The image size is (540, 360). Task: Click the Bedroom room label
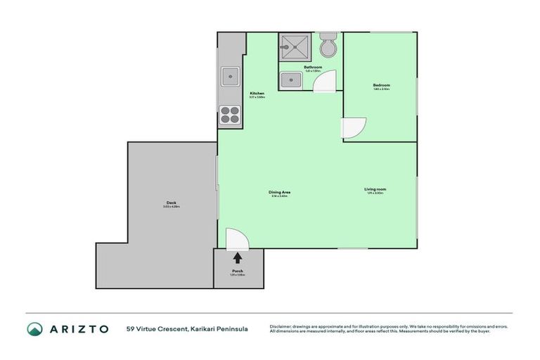click(x=381, y=85)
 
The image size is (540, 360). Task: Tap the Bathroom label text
click(x=313, y=67)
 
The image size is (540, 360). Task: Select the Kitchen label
click(x=257, y=94)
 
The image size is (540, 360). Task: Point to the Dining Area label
click(x=280, y=192)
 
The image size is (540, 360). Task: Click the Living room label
click(x=375, y=189)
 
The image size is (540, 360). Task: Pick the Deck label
click(x=171, y=203)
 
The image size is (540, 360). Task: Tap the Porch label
click(x=238, y=271)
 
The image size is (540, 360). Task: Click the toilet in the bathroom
click(x=328, y=46)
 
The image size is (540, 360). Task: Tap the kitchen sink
click(x=230, y=76)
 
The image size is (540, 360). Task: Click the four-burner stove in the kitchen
click(x=230, y=114)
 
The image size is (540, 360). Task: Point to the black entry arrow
click(x=238, y=259)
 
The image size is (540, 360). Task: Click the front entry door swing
click(x=235, y=238)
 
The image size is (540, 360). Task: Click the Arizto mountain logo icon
click(x=35, y=329)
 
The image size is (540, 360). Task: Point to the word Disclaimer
click(x=282, y=327)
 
